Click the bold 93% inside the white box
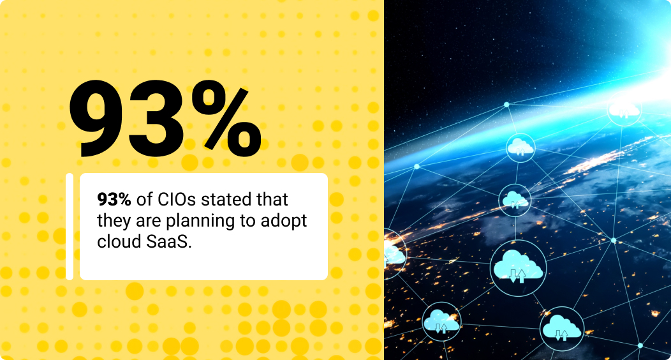(114, 200)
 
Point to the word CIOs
(177, 200)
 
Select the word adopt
(284, 221)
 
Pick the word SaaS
(168, 242)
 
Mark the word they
(114, 221)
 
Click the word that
(272, 200)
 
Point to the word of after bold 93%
(144, 200)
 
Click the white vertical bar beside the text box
(70, 227)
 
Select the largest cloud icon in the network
(518, 267)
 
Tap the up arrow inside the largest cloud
(522, 276)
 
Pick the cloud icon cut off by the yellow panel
(394, 253)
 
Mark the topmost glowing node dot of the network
(506, 105)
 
